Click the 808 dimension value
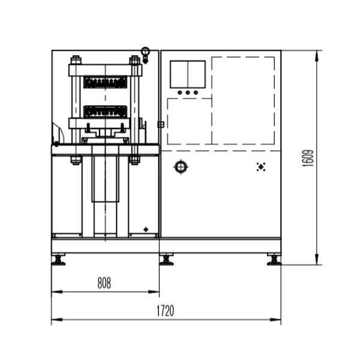point(104,283)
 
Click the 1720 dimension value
point(166,311)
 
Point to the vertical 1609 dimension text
point(308,158)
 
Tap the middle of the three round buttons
point(188,92)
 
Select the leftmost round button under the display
point(180,92)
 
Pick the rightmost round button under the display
point(196,92)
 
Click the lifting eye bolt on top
point(145,55)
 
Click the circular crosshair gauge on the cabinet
point(181,167)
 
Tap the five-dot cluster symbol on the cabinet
point(261,167)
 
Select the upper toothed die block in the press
point(105,82)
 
